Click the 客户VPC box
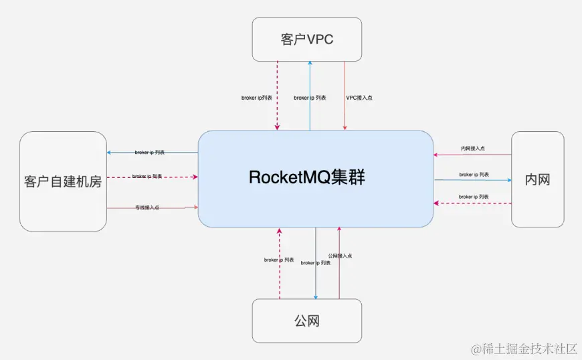pyautogui.click(x=306, y=39)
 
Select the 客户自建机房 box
pyautogui.click(x=63, y=181)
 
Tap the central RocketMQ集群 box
pyautogui.click(x=315, y=178)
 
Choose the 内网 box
pyautogui.click(x=537, y=179)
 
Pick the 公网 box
pyautogui.click(x=306, y=321)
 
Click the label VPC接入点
pyautogui.click(x=359, y=98)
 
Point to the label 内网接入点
pyautogui.click(x=473, y=148)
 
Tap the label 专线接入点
pyautogui.click(x=147, y=207)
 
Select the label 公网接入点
pyautogui.click(x=340, y=256)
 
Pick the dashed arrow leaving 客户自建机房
pyautogui.click(x=174, y=177)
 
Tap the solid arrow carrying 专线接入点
pyautogui.click(x=174, y=207)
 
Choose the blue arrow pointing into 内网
pyautogui.click(x=495, y=179)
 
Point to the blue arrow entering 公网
pyautogui.click(x=316, y=281)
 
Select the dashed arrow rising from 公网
pyautogui.click(x=280, y=281)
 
